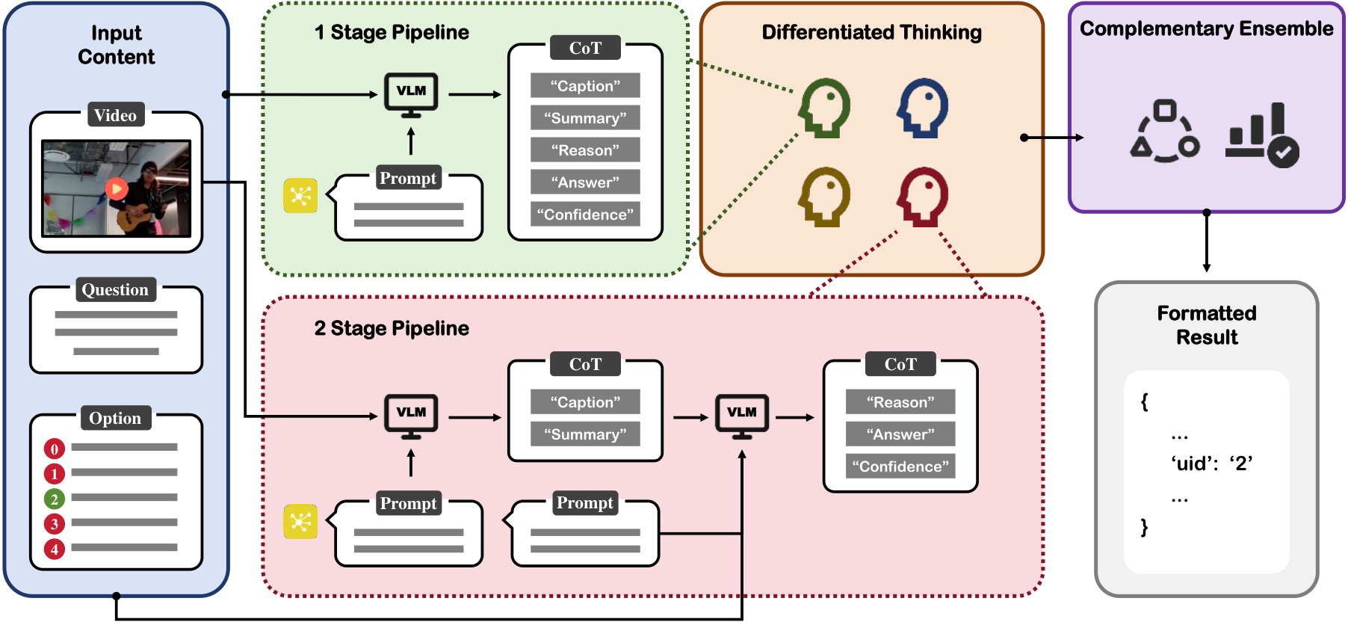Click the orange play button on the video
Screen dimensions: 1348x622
(116, 188)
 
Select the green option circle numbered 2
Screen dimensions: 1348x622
(55, 499)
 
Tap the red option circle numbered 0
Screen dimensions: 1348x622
(55, 449)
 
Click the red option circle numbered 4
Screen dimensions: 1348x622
(55, 549)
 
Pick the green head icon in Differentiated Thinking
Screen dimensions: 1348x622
(825, 108)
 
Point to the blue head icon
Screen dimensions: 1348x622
(923, 108)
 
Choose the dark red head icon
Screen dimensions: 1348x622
(923, 197)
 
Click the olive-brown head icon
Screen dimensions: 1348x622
(825, 197)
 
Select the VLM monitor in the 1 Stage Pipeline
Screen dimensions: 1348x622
(411, 95)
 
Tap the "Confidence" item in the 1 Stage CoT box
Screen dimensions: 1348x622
(585, 215)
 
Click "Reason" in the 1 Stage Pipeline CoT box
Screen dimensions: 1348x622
(585, 150)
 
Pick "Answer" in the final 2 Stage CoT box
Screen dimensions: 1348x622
(900, 434)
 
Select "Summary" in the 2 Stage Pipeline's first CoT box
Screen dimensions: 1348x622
(585, 434)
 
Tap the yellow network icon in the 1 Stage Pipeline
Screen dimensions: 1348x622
(300, 196)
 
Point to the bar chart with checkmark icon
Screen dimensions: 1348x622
(1262, 135)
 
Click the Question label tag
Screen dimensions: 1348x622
(116, 289)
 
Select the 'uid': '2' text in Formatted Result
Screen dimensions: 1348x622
(1211, 464)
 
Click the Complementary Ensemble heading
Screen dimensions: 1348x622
(1206, 28)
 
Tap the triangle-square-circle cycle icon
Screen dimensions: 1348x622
(1165, 132)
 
